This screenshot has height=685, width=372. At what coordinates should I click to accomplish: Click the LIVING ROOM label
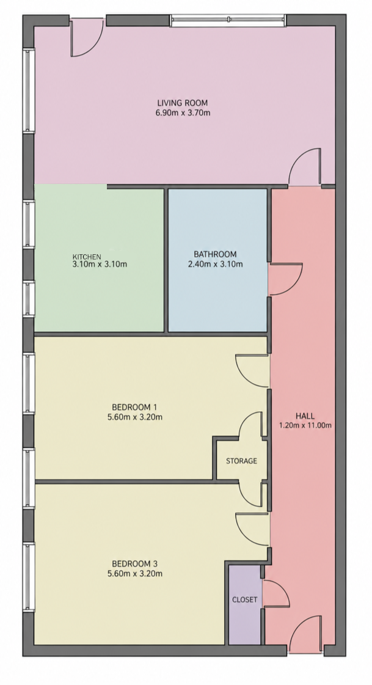pos(183,103)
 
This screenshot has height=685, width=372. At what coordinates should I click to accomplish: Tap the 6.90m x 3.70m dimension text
pos(183,112)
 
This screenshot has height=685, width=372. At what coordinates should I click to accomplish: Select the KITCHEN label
pos(87,257)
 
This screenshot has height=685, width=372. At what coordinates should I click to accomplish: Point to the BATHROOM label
pos(215,254)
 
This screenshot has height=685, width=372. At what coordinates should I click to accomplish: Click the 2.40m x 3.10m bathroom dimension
pos(215,264)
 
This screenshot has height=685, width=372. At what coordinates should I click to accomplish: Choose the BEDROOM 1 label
pos(134,407)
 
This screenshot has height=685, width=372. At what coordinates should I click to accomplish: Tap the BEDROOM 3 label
pos(134,563)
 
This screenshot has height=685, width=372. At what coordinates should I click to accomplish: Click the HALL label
pos(305,416)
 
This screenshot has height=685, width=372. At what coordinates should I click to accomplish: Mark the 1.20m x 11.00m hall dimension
pos(305,425)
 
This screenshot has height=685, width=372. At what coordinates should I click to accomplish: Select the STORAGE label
pos(241,461)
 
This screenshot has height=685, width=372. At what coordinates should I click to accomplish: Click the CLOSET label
pos(244,600)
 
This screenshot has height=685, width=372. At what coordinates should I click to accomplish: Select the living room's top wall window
pos(227,20)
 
